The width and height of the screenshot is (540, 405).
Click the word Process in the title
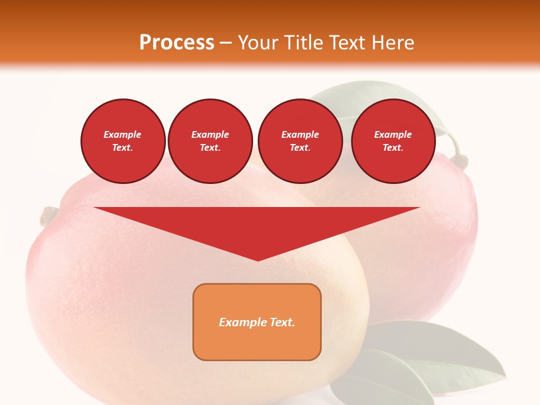[x=177, y=43]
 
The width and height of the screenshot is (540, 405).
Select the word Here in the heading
[x=394, y=43]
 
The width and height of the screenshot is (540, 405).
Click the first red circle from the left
[x=123, y=141]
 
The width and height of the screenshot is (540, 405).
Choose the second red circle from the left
[x=210, y=141]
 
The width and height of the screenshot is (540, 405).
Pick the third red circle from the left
[x=300, y=141]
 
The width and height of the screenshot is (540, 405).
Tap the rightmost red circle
[x=393, y=141]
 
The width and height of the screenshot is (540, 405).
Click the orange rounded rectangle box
[x=256, y=322]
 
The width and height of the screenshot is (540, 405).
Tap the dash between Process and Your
[x=226, y=43]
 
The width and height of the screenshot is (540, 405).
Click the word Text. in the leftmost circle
[x=123, y=148]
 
